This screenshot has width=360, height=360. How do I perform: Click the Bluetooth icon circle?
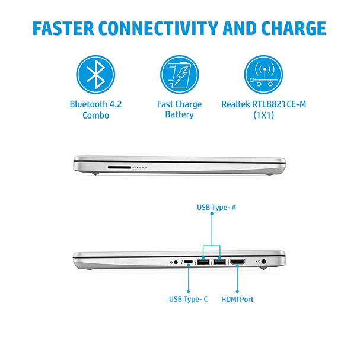coord(95,74)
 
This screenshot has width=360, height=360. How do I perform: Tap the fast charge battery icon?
coord(180,74)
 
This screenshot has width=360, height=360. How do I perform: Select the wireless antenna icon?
coord(263,74)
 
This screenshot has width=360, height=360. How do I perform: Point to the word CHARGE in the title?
coord(294,28)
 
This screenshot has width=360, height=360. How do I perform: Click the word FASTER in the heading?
coord(63,28)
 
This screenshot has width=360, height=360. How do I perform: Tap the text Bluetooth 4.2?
coord(95,104)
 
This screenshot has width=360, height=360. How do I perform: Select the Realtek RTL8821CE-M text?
coord(263,104)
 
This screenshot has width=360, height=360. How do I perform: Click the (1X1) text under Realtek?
coord(263,115)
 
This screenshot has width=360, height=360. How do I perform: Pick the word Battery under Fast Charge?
coord(179,114)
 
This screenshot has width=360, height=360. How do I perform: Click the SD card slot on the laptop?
coord(119,168)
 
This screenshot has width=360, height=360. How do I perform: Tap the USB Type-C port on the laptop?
coord(188,262)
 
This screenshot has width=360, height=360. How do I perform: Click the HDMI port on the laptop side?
coord(238,262)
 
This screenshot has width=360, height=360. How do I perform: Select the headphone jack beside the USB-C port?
coord(176,262)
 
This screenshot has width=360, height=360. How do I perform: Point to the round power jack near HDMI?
coord(263,262)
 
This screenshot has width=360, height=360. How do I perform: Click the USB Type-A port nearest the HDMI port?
coord(219,262)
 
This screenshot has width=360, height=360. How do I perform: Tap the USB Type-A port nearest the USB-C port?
coord(203,262)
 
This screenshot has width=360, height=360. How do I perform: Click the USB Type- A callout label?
coord(216,208)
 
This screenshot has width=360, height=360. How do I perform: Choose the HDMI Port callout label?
coord(237,300)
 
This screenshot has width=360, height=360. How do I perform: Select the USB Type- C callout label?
coord(188,299)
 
